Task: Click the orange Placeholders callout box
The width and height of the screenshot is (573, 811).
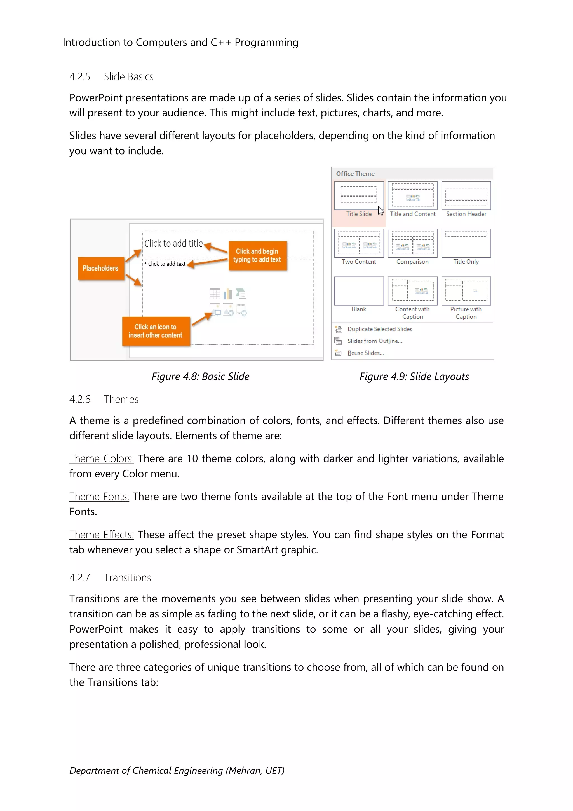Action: tap(100, 269)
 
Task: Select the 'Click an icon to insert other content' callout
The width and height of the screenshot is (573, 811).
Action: tap(156, 331)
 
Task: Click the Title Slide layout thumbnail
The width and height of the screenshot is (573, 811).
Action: tap(359, 195)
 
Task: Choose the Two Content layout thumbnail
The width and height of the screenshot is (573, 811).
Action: tap(359, 243)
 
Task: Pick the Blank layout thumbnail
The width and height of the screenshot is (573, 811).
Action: tap(359, 291)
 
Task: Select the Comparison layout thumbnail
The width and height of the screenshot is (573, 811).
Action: tap(412, 243)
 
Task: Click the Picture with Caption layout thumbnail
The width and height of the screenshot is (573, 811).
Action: tap(466, 291)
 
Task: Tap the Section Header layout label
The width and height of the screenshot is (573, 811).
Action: tap(466, 214)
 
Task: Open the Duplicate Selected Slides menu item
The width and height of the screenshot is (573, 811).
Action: tap(380, 329)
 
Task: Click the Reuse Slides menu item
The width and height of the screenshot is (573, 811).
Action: tap(365, 353)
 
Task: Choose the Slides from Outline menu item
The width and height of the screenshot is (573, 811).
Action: tap(375, 341)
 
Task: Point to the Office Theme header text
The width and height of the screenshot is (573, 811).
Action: tap(355, 174)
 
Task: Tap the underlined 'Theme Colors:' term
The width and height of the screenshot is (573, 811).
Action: tap(102, 458)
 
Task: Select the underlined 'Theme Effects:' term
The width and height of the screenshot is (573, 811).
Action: tap(102, 535)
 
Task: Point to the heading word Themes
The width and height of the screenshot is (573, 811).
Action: tap(121, 400)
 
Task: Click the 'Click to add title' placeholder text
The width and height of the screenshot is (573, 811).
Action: tap(173, 243)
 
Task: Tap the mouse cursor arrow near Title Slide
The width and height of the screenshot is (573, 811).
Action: tap(380, 211)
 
